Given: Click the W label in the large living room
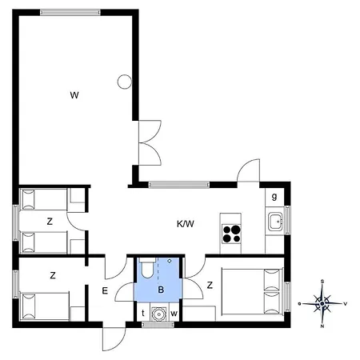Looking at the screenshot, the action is click(74, 95).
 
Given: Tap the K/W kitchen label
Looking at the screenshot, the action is click(186, 224).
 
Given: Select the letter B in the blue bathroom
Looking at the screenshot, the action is click(161, 290).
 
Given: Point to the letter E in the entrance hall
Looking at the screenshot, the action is click(105, 290).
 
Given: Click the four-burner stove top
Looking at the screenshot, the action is click(231, 234).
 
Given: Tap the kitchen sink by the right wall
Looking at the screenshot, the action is click(275, 222).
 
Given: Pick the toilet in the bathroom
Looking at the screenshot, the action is click(147, 267).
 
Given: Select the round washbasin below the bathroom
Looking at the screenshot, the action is click(159, 314).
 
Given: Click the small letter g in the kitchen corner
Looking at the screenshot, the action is click(274, 197).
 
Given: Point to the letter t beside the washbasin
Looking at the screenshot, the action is click(143, 314).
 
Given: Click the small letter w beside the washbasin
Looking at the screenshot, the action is click(174, 314).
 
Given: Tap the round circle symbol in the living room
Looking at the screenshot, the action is click(125, 82).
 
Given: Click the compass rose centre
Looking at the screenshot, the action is click(322, 303).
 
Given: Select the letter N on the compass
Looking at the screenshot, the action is click(322, 326).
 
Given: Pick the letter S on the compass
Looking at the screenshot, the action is click(322, 282).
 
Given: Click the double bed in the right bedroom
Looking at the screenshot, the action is click(252, 291).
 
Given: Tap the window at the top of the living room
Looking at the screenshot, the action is click(70, 12).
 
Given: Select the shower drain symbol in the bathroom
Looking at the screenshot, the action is click(169, 261).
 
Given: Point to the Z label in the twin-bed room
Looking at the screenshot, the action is click(50, 222).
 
